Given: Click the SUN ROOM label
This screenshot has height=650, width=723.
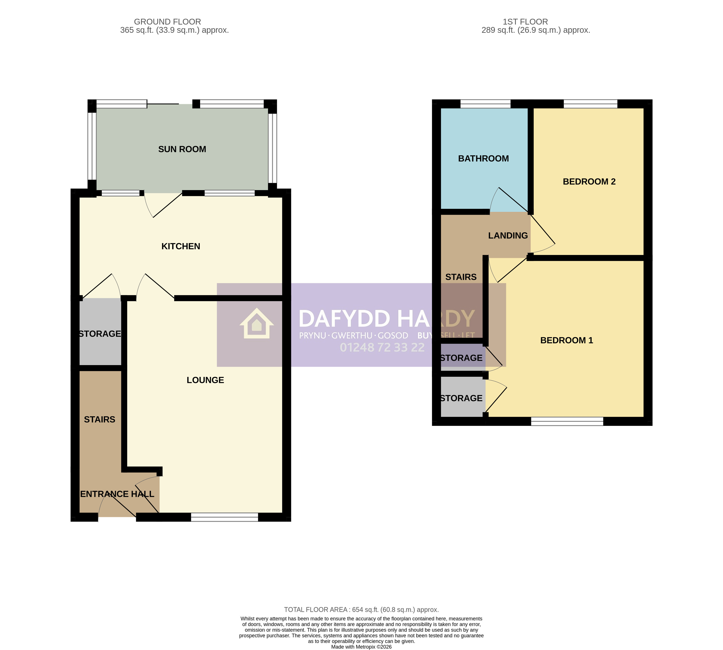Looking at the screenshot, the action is click(182, 149).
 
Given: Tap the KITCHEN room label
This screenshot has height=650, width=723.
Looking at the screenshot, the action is click(181, 246).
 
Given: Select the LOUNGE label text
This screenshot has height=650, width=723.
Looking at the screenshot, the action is click(205, 380).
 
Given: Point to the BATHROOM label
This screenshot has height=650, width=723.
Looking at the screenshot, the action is click(483, 159).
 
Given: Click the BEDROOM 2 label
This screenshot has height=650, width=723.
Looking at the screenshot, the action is click(589, 181).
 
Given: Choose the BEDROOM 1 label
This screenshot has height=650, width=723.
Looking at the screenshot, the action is click(567, 340).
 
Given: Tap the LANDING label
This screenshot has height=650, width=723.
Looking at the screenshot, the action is click(508, 236).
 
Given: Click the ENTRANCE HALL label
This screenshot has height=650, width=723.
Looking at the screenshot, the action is click(117, 494).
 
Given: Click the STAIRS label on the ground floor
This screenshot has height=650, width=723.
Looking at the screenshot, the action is click(100, 419).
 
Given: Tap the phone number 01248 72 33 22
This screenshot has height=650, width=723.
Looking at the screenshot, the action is click(382, 348).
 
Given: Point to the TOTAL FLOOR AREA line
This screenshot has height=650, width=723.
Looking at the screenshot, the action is click(361, 610).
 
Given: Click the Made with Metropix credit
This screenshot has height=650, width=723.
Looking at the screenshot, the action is click(361, 647).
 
